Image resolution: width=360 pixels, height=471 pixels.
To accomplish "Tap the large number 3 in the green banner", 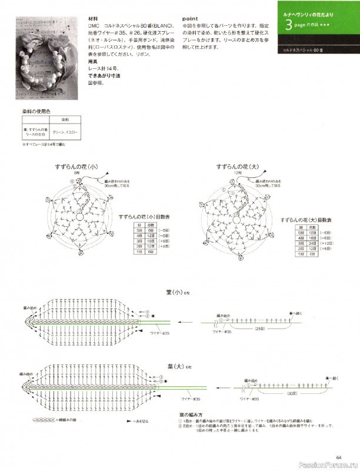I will click(x=288, y=25).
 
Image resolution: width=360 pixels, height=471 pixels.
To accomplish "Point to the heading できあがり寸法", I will click(x=105, y=77).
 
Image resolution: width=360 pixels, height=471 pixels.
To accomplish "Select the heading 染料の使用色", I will click(x=36, y=111).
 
